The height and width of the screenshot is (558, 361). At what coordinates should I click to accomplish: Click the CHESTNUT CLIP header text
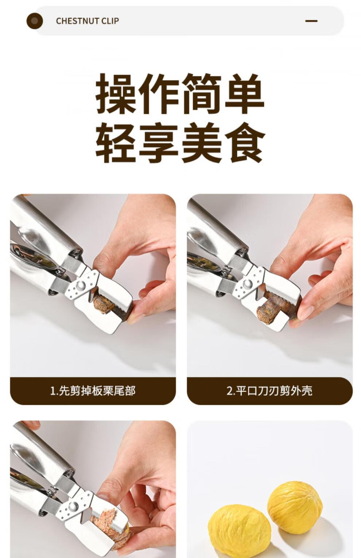point(87,21)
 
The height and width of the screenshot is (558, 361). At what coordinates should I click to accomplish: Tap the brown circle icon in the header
point(35,21)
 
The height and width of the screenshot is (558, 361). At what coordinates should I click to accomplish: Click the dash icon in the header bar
point(311,21)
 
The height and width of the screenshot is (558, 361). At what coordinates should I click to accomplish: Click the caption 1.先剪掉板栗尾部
point(93,391)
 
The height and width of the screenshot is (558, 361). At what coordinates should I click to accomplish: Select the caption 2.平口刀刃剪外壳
point(269,391)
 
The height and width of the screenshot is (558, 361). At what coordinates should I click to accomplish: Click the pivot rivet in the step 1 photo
point(81,285)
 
